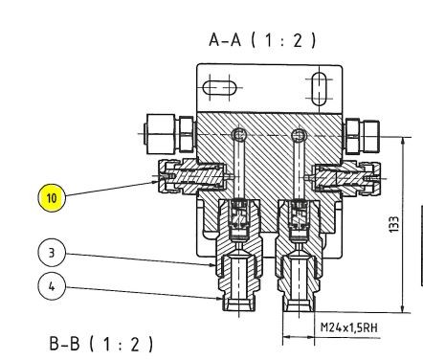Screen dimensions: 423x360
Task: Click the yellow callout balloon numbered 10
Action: coord(52,198)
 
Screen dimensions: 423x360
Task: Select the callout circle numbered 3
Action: coord(52,253)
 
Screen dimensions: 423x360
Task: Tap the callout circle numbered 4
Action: coord(52,286)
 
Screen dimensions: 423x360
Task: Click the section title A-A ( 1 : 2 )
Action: coord(262,40)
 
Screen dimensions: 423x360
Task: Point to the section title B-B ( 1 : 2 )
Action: coord(101,344)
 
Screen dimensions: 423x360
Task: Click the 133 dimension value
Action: coord(394,224)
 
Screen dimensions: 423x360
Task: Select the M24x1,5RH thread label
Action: coord(349,327)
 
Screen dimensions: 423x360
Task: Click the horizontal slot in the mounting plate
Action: coord(219,87)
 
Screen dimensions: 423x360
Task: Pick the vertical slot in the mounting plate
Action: coord(319,89)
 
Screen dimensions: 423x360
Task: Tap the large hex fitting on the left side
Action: coord(169,133)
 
